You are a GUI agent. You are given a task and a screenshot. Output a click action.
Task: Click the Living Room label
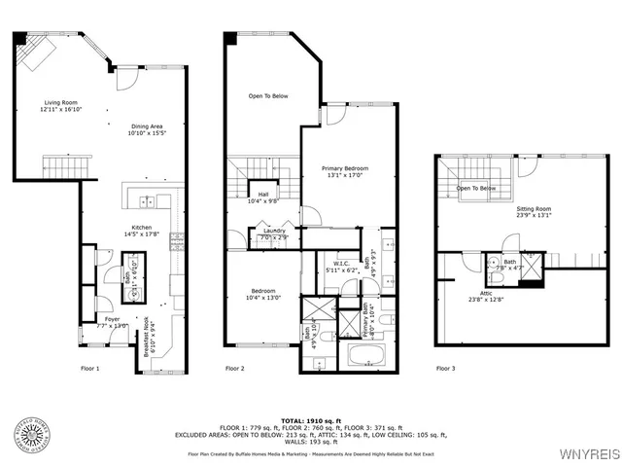(x=57, y=106)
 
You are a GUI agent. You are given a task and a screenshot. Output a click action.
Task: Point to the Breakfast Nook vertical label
(x=147, y=335)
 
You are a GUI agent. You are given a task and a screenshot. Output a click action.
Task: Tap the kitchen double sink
(x=147, y=201)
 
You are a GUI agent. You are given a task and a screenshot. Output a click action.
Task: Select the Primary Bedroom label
(x=345, y=172)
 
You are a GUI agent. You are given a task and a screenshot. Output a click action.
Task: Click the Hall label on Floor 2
(x=262, y=198)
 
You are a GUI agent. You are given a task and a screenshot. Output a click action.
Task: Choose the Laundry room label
(x=273, y=233)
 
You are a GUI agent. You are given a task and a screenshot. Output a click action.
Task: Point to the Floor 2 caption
(x=234, y=369)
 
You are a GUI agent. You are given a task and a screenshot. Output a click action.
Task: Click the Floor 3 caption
(x=445, y=369)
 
